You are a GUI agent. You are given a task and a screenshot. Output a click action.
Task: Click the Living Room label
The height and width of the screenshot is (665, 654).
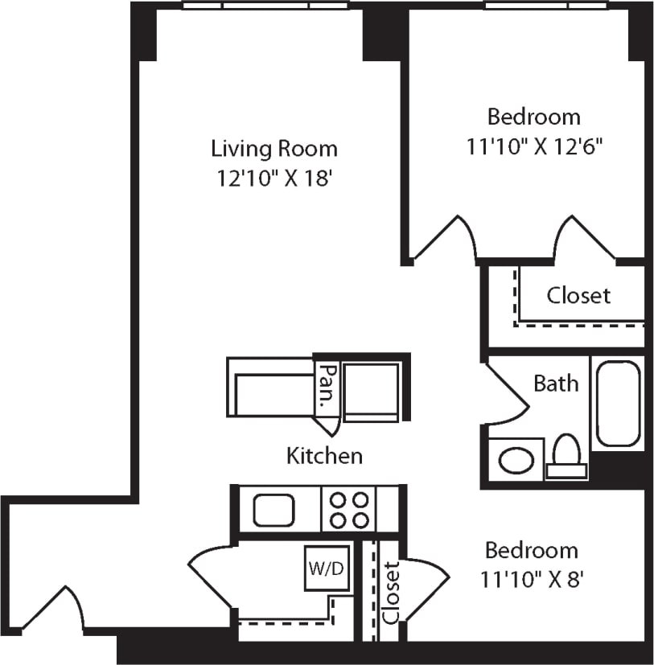(274, 149)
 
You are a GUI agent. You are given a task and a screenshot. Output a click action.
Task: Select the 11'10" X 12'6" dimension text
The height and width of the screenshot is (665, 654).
(534, 146)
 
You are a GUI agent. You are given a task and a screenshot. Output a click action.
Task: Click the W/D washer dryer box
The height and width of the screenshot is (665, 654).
(327, 569)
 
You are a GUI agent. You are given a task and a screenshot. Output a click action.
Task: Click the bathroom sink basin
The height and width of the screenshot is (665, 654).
(515, 460)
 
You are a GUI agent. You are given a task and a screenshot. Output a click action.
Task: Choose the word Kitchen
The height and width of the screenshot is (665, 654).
(324, 456)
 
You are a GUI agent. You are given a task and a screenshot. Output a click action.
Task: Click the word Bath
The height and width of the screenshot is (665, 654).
(556, 383)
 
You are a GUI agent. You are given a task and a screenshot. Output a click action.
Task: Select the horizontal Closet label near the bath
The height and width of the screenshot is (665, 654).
(578, 295)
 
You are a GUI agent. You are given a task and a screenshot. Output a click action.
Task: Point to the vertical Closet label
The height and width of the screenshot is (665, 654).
(392, 593)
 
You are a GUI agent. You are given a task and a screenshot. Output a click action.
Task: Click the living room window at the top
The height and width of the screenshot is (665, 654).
(265, 6)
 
